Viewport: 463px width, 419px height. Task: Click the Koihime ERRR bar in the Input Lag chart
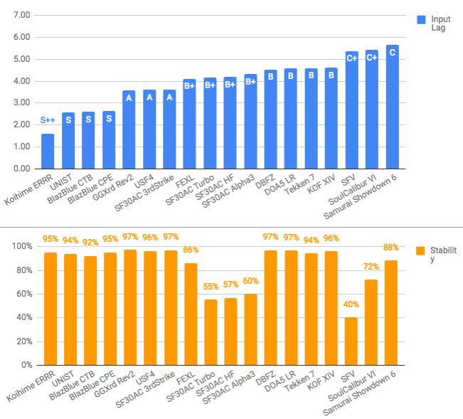(x=48, y=151)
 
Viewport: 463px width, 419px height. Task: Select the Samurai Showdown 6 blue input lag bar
(x=393, y=107)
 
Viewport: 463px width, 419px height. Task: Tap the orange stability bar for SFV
(x=351, y=341)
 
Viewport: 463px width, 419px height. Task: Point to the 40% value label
(x=351, y=303)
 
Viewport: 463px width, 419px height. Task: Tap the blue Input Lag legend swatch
(x=420, y=20)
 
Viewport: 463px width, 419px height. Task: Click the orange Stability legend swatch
(x=420, y=251)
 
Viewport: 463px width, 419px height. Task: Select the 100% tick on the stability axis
(x=21, y=247)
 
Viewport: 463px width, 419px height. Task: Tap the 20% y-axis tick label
(x=23, y=341)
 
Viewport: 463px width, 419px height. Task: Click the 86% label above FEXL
(x=190, y=250)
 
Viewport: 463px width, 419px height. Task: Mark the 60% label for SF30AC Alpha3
(x=250, y=280)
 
